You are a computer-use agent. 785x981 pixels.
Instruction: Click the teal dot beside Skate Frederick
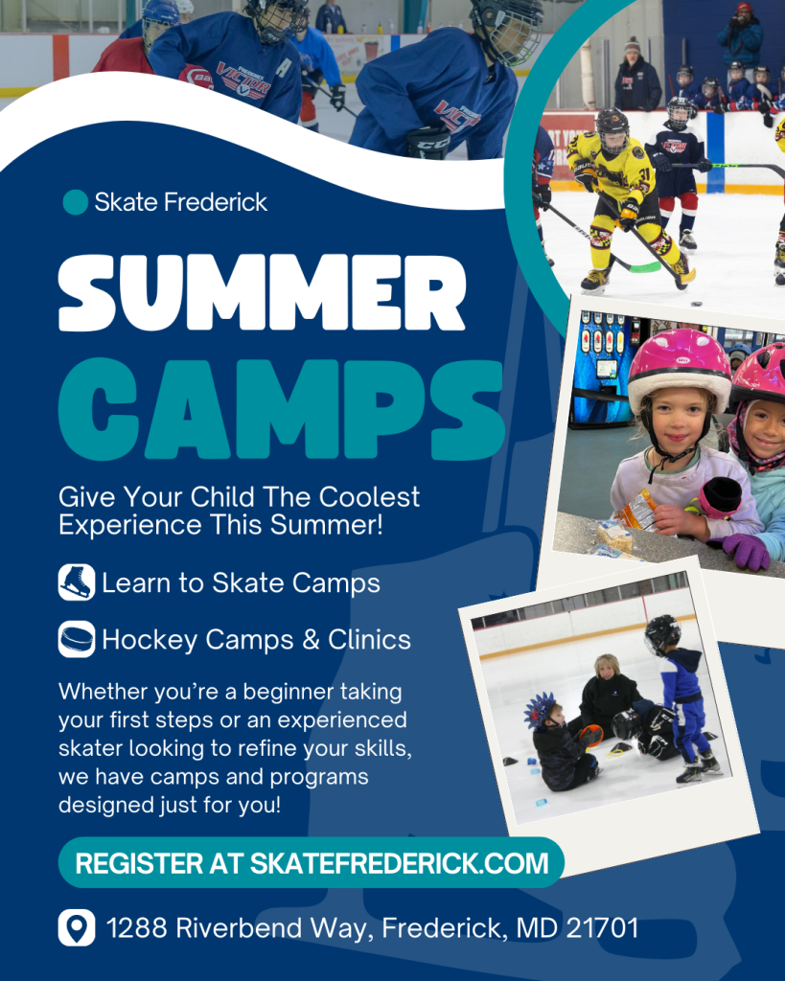pyautogui.click(x=75, y=202)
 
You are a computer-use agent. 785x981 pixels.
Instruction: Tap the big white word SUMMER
pyautogui.click(x=263, y=293)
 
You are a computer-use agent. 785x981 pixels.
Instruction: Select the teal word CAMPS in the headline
pyautogui.click(x=281, y=409)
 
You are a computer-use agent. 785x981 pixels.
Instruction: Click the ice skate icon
pyautogui.click(x=77, y=582)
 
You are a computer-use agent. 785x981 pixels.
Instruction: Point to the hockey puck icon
pyautogui.click(x=77, y=639)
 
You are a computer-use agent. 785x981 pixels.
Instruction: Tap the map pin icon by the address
pyautogui.click(x=77, y=927)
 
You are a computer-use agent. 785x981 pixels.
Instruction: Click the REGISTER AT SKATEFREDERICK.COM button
pyautogui.click(x=312, y=863)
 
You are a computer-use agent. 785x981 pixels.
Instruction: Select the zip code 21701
pyautogui.click(x=602, y=927)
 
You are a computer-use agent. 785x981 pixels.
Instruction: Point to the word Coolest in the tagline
pyautogui.click(x=369, y=497)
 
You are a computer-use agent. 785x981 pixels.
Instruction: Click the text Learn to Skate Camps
pyautogui.click(x=241, y=583)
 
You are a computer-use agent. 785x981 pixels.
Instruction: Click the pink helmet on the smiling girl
pyautogui.click(x=680, y=366)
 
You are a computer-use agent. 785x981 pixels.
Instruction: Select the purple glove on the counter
pyautogui.click(x=747, y=551)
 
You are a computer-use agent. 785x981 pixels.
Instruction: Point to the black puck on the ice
pyautogui.click(x=696, y=304)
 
